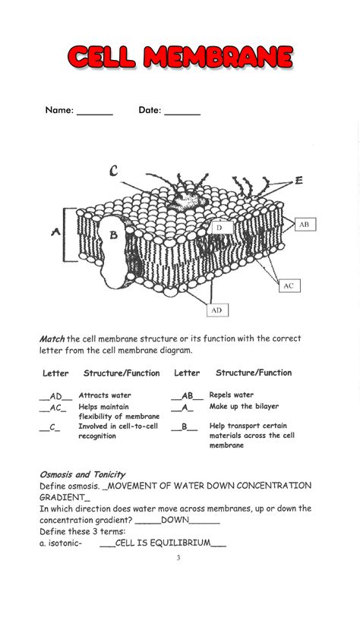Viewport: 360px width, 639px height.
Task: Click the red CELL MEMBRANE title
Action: (180, 57)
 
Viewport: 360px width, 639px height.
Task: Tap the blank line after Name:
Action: (95, 112)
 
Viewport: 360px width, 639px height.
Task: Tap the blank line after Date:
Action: (182, 112)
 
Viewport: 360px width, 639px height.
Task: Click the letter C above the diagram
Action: (113, 172)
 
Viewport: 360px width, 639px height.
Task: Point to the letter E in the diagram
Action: (298, 181)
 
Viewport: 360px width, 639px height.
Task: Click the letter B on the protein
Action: (114, 235)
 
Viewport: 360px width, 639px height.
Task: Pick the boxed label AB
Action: (304, 225)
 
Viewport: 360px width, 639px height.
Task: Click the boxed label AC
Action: (288, 285)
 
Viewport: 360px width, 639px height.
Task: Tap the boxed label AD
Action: (217, 310)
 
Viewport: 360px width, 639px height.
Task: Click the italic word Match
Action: (52, 338)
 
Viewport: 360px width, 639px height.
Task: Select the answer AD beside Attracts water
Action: (56, 396)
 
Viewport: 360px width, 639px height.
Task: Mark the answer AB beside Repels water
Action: (187, 395)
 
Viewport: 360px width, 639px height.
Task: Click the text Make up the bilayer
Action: (244, 407)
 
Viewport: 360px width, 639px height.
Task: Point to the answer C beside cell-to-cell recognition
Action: (54, 427)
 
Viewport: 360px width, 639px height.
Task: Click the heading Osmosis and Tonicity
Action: (82, 474)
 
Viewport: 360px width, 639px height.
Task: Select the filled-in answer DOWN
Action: (175, 521)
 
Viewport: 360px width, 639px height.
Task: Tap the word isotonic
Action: (64, 543)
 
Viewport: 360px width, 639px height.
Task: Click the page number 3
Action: (178, 559)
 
